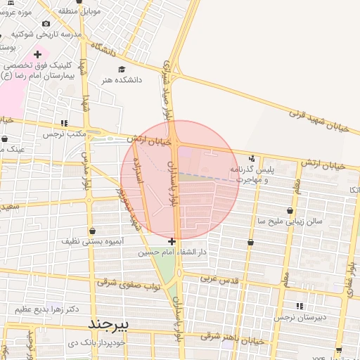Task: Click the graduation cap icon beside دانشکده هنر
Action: tap(122, 70)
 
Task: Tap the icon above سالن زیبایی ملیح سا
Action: tap(290, 210)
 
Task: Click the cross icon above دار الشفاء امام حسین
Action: tap(172, 241)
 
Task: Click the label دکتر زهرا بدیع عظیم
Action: tap(43, 309)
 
